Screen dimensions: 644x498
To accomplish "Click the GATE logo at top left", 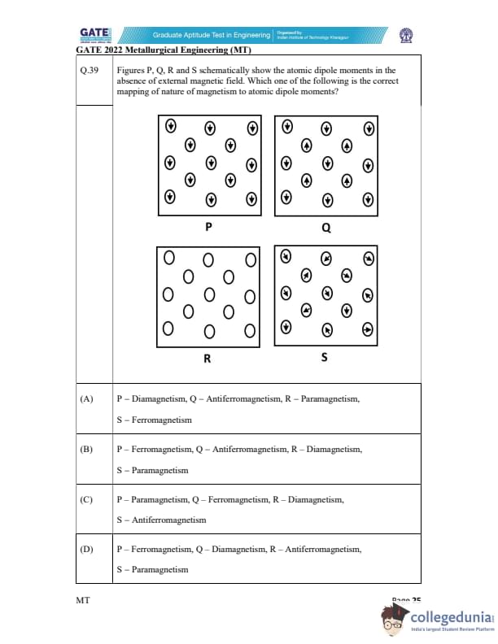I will pyautogui.click(x=96, y=34).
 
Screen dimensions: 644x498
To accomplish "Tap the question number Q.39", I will pyautogui.click(x=90, y=71).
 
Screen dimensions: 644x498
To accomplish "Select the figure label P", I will pyautogui.click(x=209, y=228).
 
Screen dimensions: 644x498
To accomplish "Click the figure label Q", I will pyautogui.click(x=326, y=228).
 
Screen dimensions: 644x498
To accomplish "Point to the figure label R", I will pyautogui.click(x=208, y=358).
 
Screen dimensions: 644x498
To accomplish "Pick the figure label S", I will pyautogui.click(x=325, y=358).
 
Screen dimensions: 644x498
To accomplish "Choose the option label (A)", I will pyautogui.click(x=87, y=399).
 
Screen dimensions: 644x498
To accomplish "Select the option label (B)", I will pyautogui.click(x=87, y=449).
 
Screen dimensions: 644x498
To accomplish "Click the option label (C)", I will pyautogui.click(x=87, y=498).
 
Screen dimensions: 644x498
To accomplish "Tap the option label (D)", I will pyautogui.click(x=87, y=549).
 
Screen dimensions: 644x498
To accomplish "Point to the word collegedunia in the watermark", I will pyautogui.click(x=447, y=618).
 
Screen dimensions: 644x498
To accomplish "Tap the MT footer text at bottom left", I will pyautogui.click(x=82, y=600).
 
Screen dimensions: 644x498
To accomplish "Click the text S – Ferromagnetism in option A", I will pyautogui.click(x=154, y=420).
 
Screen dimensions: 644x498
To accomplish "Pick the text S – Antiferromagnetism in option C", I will pyautogui.click(x=161, y=520).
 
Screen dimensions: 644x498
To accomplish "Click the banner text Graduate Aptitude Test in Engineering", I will pyautogui.click(x=212, y=35).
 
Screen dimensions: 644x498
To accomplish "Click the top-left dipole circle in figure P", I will pyautogui.click(x=170, y=126).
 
